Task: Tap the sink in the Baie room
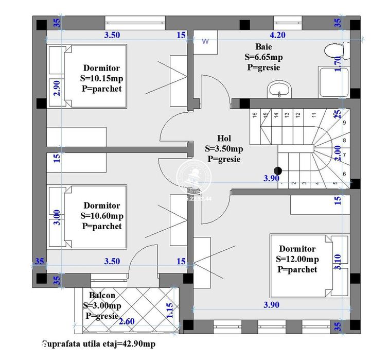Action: click(279, 89)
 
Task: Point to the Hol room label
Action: click(224, 139)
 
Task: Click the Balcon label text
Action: click(102, 296)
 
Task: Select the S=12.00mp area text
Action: click(297, 259)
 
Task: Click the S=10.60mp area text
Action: click(102, 216)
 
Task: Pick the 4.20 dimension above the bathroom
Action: click(277, 36)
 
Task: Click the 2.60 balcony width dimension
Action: click(127, 322)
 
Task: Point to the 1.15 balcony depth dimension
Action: click(169, 311)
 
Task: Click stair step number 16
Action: click(254, 115)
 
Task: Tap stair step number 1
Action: click(283, 182)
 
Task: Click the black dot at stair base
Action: click(278, 171)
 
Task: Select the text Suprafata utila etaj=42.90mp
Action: click(98, 344)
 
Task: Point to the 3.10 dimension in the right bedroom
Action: click(338, 262)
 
